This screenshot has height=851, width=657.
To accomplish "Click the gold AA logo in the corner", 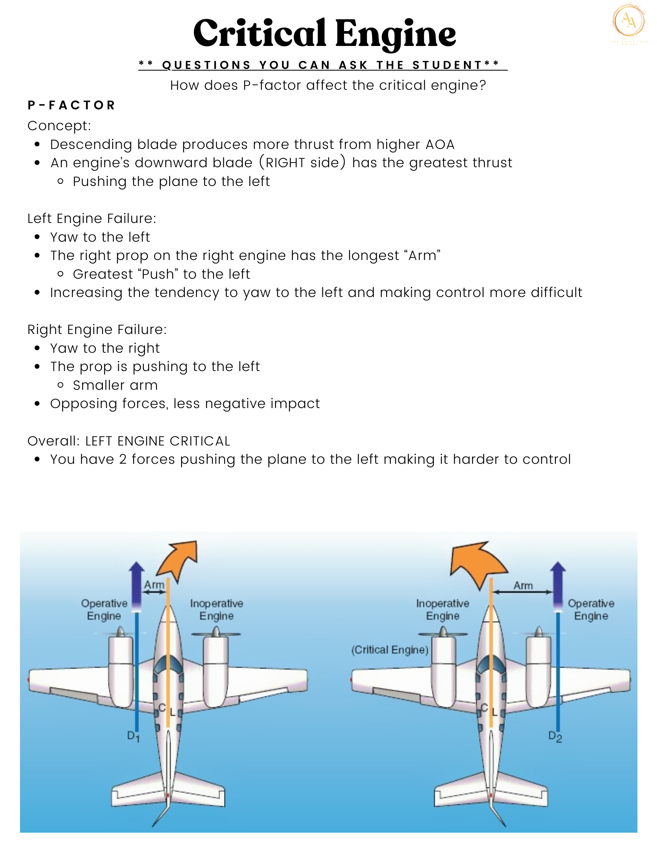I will pyautogui.click(x=629, y=21).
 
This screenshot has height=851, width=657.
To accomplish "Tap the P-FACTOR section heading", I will pyautogui.click(x=71, y=105).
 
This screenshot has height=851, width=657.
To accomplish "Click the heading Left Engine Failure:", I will pyautogui.click(x=92, y=218).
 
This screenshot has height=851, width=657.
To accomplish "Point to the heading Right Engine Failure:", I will pyautogui.click(x=97, y=329).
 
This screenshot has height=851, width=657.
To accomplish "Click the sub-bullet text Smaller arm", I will pyautogui.click(x=115, y=385).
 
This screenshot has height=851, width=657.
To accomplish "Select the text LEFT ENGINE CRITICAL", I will pyautogui.click(x=157, y=441).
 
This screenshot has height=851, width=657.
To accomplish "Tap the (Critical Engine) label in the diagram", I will pyautogui.click(x=390, y=650).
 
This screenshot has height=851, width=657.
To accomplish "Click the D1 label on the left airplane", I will pyautogui.click(x=133, y=736).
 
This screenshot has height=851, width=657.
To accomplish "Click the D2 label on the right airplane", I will pyautogui.click(x=555, y=737).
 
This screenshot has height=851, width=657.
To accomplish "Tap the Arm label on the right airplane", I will pyautogui.click(x=523, y=586).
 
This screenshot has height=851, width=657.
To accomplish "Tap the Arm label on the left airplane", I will pyautogui.click(x=154, y=585).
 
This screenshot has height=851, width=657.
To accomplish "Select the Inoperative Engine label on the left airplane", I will pyautogui.click(x=216, y=609).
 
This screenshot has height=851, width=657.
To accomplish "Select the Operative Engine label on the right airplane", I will pyautogui.click(x=591, y=609).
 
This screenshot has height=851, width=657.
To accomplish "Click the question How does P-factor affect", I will pyautogui.click(x=328, y=85).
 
